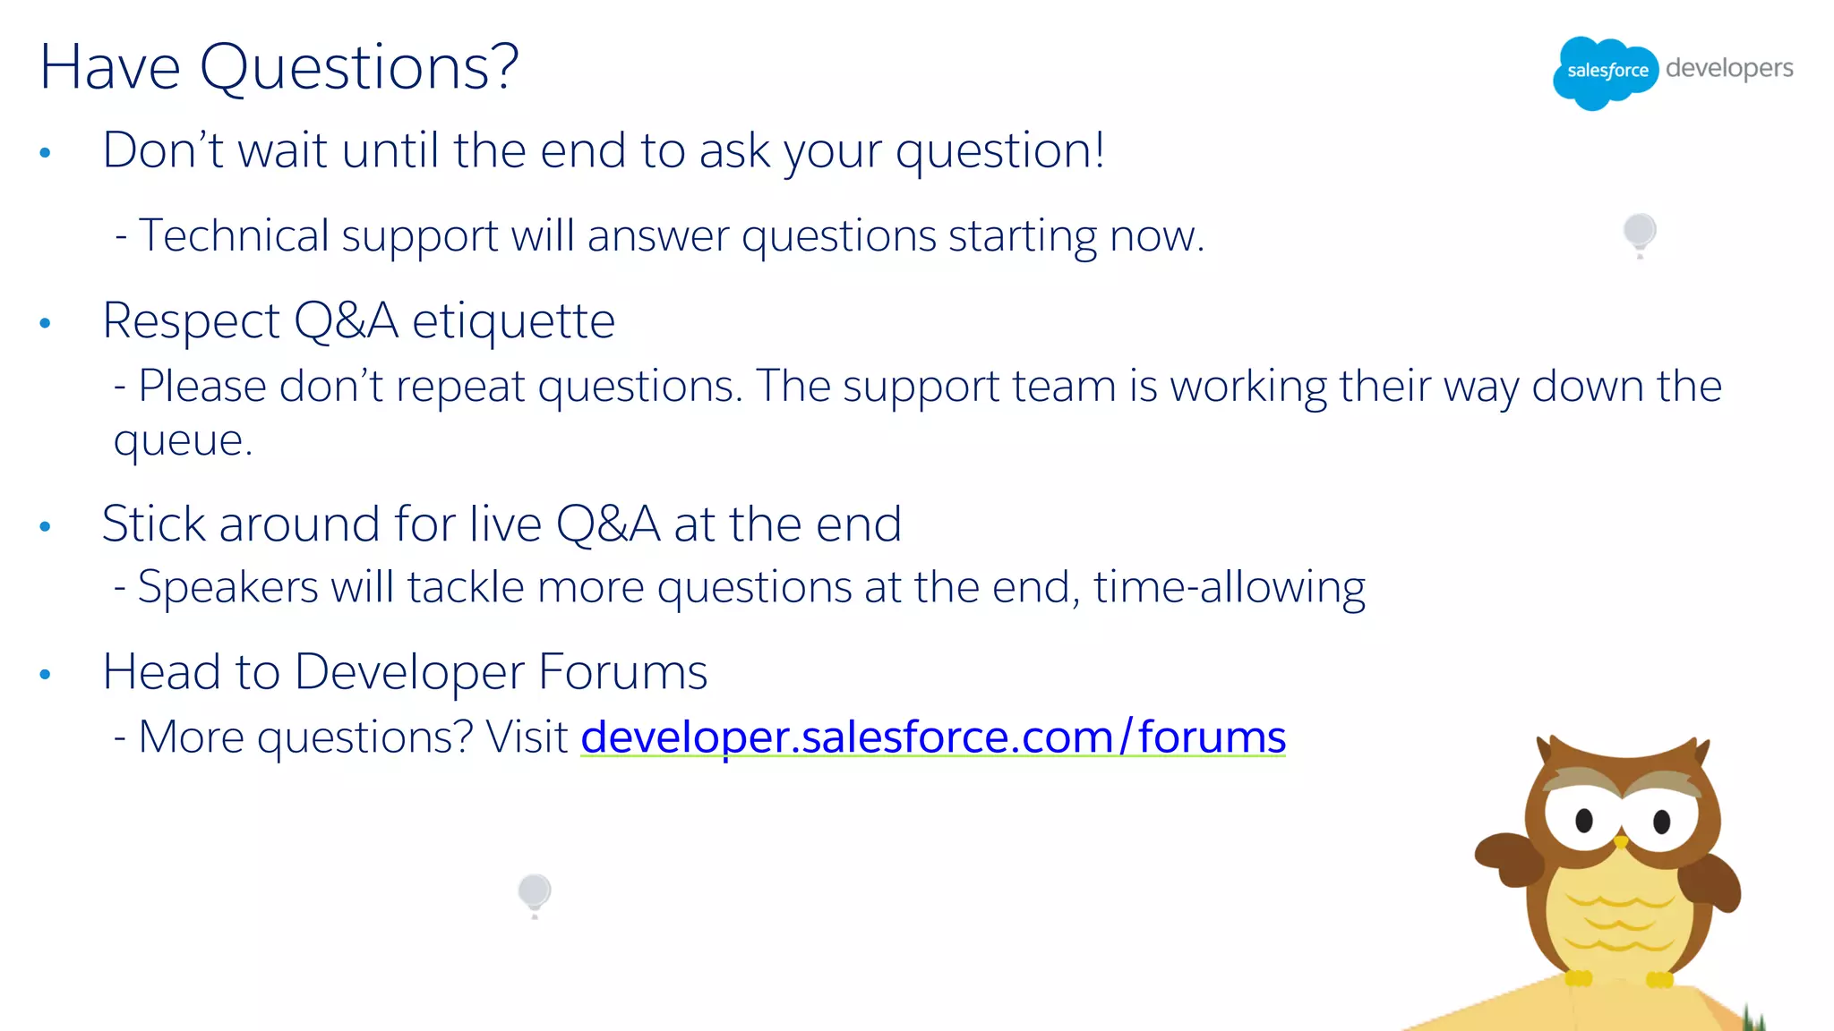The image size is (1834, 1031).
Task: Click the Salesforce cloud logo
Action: click(1605, 72)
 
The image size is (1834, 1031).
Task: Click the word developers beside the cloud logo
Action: click(1729, 69)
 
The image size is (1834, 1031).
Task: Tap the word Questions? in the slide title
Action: click(359, 68)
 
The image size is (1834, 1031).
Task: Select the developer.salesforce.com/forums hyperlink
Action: click(932, 737)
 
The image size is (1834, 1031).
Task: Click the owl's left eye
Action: click(1583, 819)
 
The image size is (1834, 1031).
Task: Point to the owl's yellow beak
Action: click(1621, 842)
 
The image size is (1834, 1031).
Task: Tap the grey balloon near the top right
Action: click(1640, 233)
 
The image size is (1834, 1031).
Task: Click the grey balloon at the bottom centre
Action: click(535, 892)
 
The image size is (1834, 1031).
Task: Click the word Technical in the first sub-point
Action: click(234, 236)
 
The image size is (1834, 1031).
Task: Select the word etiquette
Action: click(513, 321)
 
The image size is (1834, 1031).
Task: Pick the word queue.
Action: click(181, 440)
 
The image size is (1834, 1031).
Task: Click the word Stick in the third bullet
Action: click(153, 524)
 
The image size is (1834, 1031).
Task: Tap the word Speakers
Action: click(227, 588)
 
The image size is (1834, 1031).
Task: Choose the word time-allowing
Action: click(1229, 588)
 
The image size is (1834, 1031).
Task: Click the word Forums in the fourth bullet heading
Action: click(622, 672)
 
